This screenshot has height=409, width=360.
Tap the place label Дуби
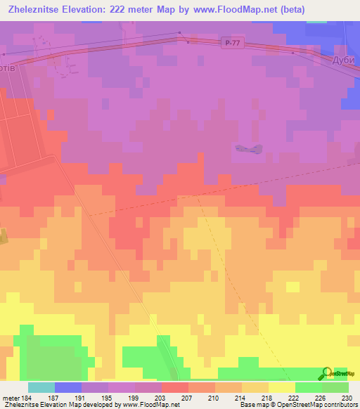point(345,61)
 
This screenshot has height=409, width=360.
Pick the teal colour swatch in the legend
point(41,387)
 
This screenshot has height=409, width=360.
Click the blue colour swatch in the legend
point(68,387)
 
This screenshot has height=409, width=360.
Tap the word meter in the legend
point(11,398)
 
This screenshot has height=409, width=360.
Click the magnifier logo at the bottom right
point(328,374)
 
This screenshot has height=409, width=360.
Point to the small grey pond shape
point(249,148)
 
